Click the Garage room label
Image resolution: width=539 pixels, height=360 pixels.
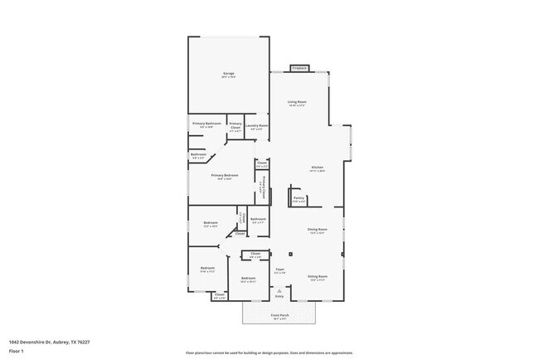pyautogui.click(x=228, y=73)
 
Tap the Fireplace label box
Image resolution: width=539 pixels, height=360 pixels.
pyautogui.click(x=299, y=68)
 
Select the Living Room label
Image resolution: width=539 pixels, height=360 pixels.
pyautogui.click(x=298, y=102)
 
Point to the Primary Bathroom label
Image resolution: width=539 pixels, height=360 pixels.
pyautogui.click(x=206, y=124)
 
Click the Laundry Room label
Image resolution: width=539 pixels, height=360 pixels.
pyautogui.click(x=257, y=125)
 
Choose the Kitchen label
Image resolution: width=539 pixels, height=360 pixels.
pyautogui.click(x=317, y=167)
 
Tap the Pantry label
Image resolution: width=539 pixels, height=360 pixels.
pyautogui.click(x=299, y=197)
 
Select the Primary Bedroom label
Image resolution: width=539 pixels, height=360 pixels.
pyautogui.click(x=225, y=175)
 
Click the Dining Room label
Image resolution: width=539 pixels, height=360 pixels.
pyautogui.click(x=318, y=229)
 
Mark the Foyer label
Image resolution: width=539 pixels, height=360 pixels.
pyautogui.click(x=280, y=269)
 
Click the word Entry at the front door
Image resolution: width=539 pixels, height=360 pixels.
pyautogui.click(x=279, y=295)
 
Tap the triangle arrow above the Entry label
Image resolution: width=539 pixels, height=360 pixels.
pyautogui.click(x=279, y=289)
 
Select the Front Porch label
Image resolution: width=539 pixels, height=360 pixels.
pyautogui.click(x=279, y=315)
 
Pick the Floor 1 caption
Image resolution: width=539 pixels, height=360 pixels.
pyautogui.click(x=17, y=351)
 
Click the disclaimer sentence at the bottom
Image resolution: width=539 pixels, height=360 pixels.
pyautogui.click(x=269, y=353)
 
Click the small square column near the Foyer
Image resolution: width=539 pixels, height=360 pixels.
pyautogui.click(x=290, y=254)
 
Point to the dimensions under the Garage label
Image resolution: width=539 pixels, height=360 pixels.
pyautogui.click(x=228, y=77)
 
